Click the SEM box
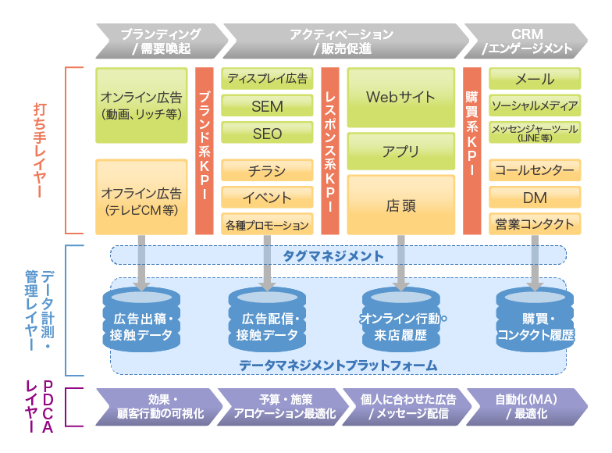pos(267,106)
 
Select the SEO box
pos(267,134)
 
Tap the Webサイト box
pos(400,98)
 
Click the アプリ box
pos(400,151)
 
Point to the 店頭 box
pos(400,205)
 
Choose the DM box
pos(535,198)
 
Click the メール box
pos(535,79)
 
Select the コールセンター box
pos(535,170)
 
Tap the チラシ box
pos(267,171)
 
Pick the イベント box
pos(267,198)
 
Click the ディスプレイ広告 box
pos(267,78)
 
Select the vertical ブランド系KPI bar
pos(204,151)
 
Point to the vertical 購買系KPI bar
pos(471,151)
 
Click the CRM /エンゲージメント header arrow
pos(527,41)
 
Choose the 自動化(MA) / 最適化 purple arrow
pos(525,406)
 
